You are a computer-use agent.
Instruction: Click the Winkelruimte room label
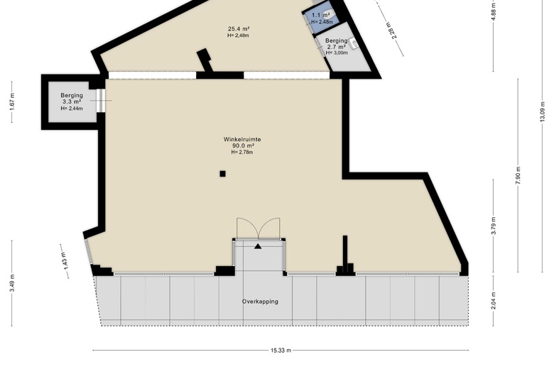coord(242,140)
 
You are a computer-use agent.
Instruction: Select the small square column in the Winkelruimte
coord(222,173)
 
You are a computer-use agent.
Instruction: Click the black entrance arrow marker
coord(258,246)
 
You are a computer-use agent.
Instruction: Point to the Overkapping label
coord(260,302)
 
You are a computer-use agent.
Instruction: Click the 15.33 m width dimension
coord(281,351)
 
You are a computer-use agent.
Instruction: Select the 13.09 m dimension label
coord(543,111)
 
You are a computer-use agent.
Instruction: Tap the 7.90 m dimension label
coord(518,175)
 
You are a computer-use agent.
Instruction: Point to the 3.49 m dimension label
coord(12,283)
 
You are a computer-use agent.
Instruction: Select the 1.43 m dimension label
coord(65,261)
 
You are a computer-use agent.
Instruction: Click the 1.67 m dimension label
coord(12,101)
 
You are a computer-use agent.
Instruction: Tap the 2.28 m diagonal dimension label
coord(391,30)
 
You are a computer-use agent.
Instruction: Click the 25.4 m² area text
coord(239,29)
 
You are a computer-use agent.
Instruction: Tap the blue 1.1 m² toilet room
coord(321,18)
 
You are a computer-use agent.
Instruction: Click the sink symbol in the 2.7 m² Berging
coord(353,44)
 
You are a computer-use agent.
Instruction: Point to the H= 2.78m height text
coord(242,152)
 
